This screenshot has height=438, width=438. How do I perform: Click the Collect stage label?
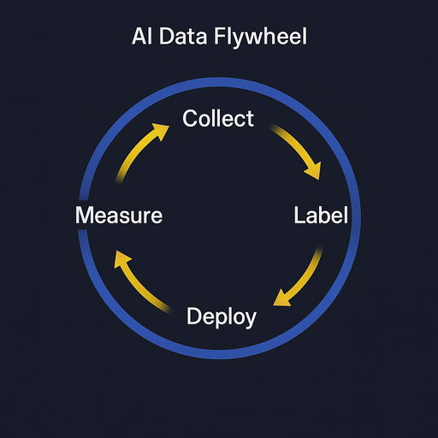tap(219, 118)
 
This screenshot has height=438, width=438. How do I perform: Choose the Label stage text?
tap(321, 216)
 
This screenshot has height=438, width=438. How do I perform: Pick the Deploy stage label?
tap(221, 317)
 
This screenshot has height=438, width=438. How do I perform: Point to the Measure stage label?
tap(118, 216)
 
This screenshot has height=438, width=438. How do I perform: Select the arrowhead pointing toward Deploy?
tap(279, 299)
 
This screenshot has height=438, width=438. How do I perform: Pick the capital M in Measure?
tap(84, 216)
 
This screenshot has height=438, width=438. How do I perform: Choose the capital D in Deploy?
tap(194, 317)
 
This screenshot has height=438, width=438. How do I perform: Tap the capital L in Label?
tap(299, 216)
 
